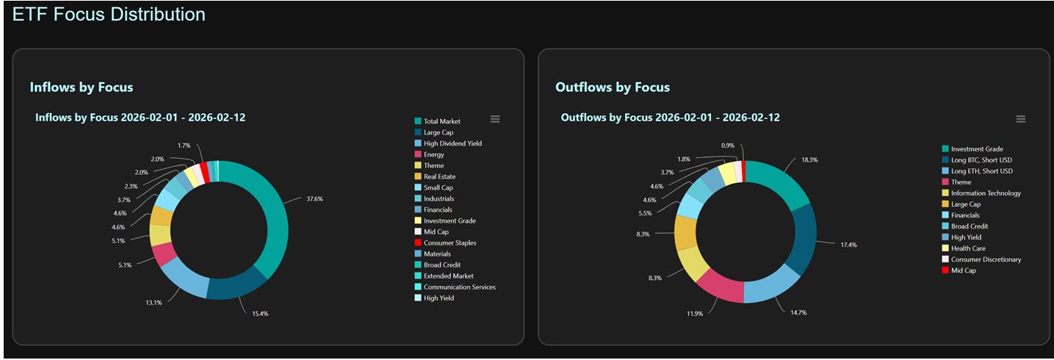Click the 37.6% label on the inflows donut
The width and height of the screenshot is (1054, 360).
click(314, 198)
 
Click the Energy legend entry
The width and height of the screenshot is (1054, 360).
click(433, 155)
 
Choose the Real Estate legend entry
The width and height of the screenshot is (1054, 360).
click(439, 177)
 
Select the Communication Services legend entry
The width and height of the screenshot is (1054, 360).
click(459, 287)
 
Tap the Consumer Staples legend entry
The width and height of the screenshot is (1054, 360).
click(450, 243)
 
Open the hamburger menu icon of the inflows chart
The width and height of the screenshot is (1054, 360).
click(495, 119)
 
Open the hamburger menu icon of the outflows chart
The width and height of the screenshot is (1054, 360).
click(1020, 119)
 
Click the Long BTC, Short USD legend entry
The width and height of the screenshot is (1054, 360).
click(981, 160)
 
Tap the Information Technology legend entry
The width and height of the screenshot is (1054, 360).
click(986, 193)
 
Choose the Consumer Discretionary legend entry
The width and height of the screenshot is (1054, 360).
click(986, 259)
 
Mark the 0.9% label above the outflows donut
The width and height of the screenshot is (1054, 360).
click(728, 145)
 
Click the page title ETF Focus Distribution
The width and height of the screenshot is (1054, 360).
click(109, 14)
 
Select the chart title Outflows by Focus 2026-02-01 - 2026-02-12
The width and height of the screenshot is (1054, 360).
click(670, 118)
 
